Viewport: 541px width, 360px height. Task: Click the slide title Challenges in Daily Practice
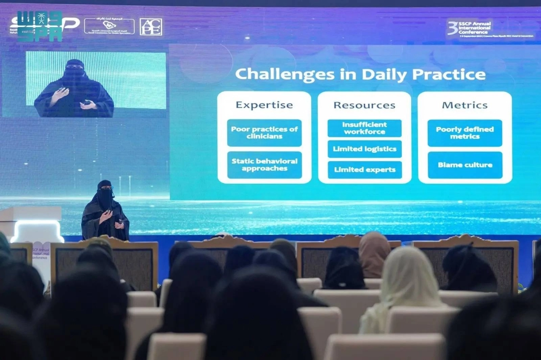pyautogui.click(x=360, y=74)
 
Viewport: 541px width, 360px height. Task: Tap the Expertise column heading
pyautogui.click(x=264, y=105)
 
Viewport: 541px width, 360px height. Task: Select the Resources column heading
pyautogui.click(x=364, y=105)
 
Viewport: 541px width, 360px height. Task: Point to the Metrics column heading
pyautogui.click(x=464, y=105)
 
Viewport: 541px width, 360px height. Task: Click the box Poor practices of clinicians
pyautogui.click(x=264, y=132)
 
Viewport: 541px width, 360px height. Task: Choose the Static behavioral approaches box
pyautogui.click(x=264, y=164)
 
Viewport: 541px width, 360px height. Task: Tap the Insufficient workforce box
pyautogui.click(x=364, y=128)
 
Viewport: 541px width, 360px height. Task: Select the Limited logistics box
pyautogui.click(x=364, y=149)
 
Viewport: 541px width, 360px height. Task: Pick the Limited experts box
pyautogui.click(x=364, y=170)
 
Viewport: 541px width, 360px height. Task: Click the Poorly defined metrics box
pyautogui.click(x=464, y=132)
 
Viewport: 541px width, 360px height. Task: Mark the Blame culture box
pyautogui.click(x=464, y=165)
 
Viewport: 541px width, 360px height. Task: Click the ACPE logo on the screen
pyautogui.click(x=151, y=27)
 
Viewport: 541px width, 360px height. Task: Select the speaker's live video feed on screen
pyautogui.click(x=96, y=84)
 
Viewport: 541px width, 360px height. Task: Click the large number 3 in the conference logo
pyautogui.click(x=452, y=27)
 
